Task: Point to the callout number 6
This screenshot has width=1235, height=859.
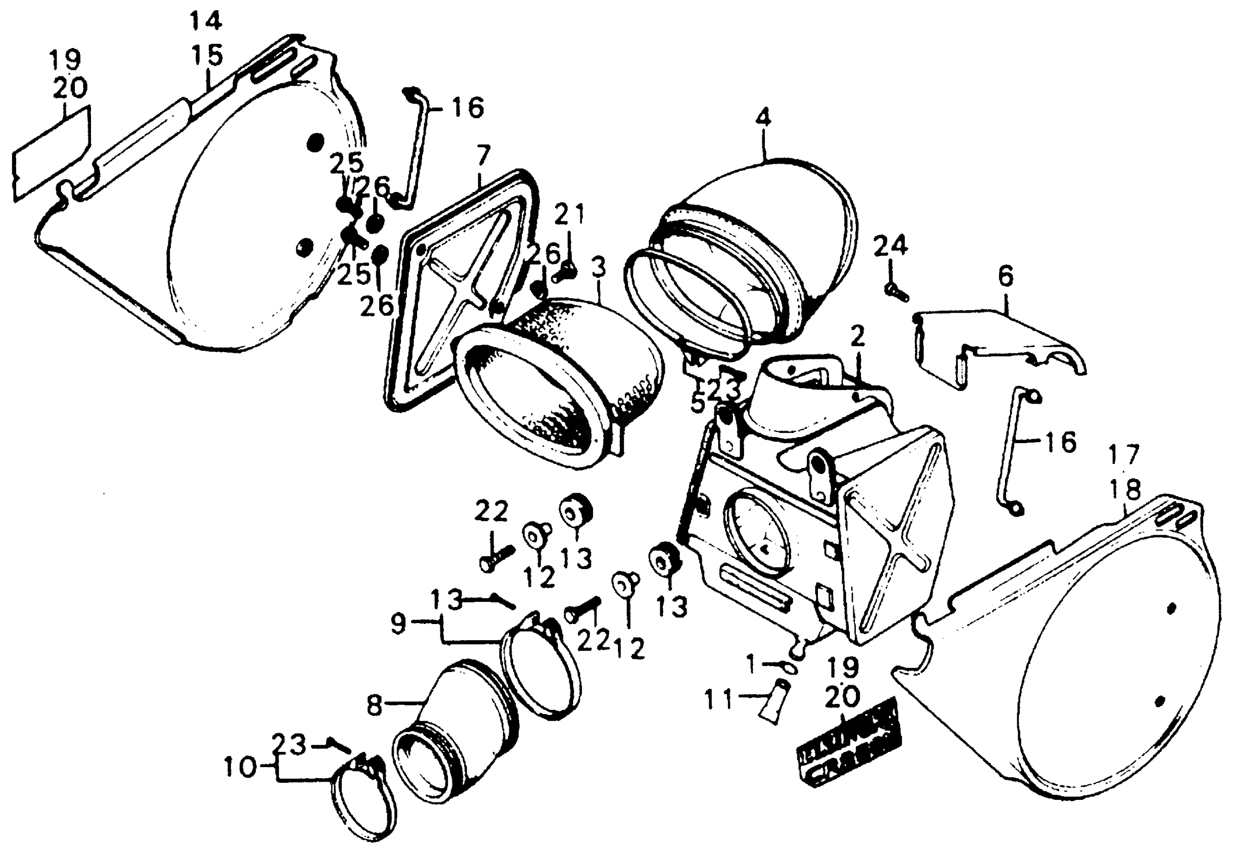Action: (x=1005, y=276)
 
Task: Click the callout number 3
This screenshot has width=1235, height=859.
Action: (x=599, y=268)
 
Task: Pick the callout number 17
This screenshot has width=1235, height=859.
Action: (x=1124, y=455)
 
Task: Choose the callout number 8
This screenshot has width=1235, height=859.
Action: (x=375, y=705)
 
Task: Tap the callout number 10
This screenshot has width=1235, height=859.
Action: (x=240, y=768)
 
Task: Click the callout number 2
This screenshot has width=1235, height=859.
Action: (x=857, y=337)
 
